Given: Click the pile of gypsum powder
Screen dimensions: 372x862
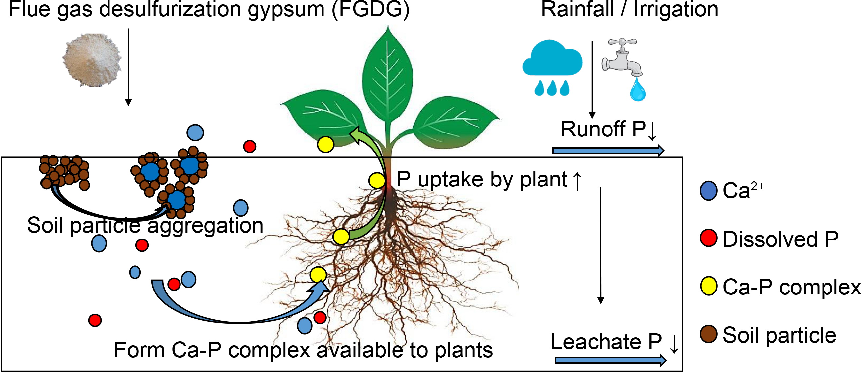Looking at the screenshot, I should [x=92, y=60].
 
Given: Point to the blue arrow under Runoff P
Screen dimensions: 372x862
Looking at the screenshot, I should [x=608, y=151].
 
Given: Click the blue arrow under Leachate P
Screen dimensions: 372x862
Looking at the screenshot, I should [x=610, y=360].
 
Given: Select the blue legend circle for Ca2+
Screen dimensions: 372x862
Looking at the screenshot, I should [x=708, y=191].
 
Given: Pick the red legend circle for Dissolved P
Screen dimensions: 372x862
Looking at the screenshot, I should [x=708, y=238].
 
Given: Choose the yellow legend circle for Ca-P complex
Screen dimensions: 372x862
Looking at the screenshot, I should [x=708, y=286].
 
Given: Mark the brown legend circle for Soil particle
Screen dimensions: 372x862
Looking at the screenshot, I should [x=708, y=334].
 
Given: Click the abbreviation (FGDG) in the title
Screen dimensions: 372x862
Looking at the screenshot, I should [x=371, y=9].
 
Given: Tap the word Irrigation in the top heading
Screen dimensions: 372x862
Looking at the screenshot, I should [x=676, y=9].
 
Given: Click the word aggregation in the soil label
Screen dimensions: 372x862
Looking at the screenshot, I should [x=205, y=226].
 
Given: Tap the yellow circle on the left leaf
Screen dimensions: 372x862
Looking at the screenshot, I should [x=325, y=145].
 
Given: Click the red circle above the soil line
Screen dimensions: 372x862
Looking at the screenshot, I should [x=250, y=146].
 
